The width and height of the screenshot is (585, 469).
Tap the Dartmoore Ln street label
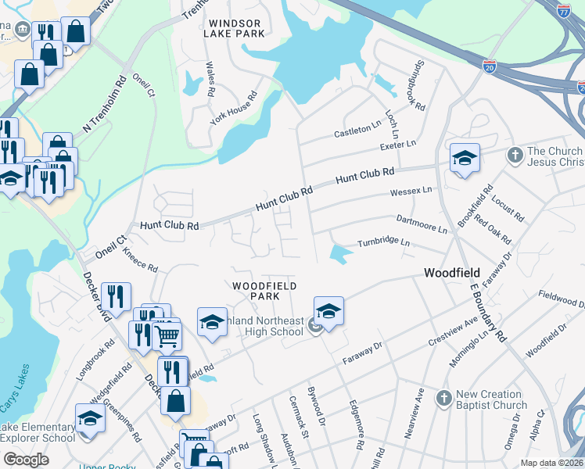pyautogui.click(x=422, y=224)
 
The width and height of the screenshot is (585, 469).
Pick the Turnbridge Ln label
pyautogui.click(x=384, y=243)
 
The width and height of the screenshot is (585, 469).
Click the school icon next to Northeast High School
pyautogui.click(x=329, y=310)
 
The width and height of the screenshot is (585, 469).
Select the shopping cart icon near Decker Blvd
pyautogui.click(x=166, y=337)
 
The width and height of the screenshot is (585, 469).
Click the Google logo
pyautogui.click(x=26, y=459)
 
